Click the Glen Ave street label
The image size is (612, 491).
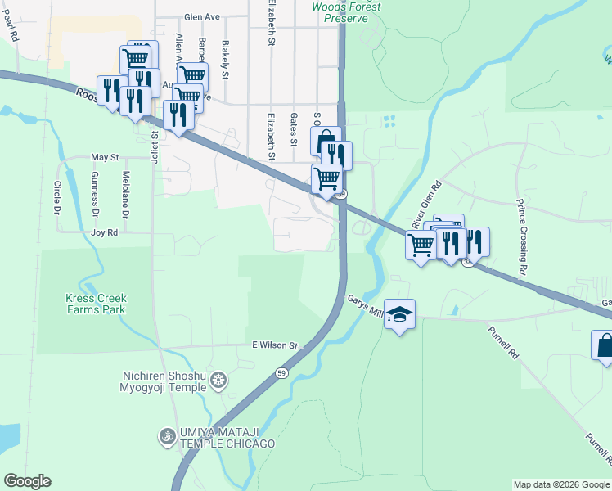point(203,16)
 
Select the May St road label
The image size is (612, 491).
point(105,156)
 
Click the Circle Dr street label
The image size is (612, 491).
point(58,199)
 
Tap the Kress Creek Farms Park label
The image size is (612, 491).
point(96,304)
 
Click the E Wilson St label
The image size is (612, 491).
point(274,345)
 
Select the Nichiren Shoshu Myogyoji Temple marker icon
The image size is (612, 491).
point(218,379)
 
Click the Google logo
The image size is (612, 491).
point(27,481)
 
